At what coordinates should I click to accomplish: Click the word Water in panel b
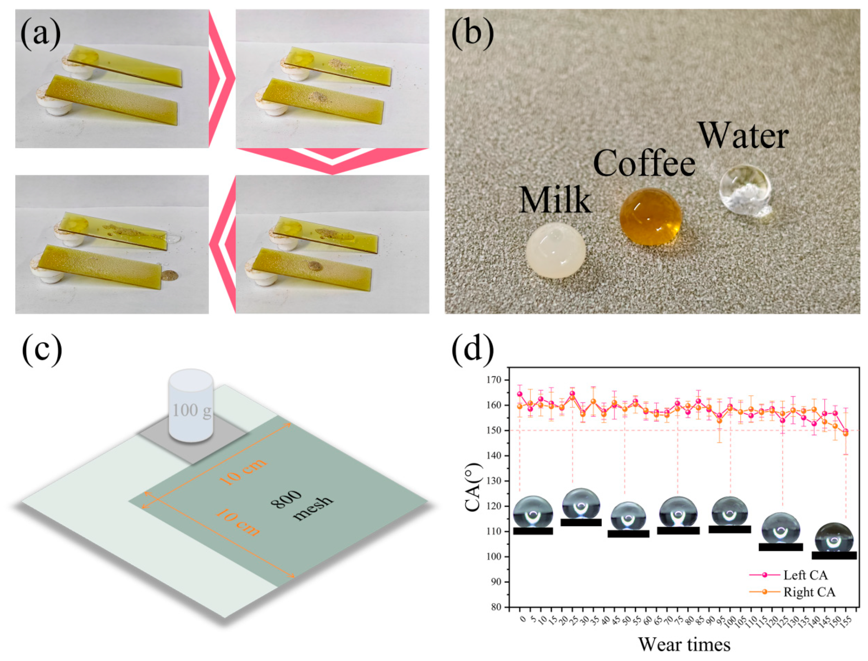point(743,137)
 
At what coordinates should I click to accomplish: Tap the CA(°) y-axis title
point(473,487)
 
